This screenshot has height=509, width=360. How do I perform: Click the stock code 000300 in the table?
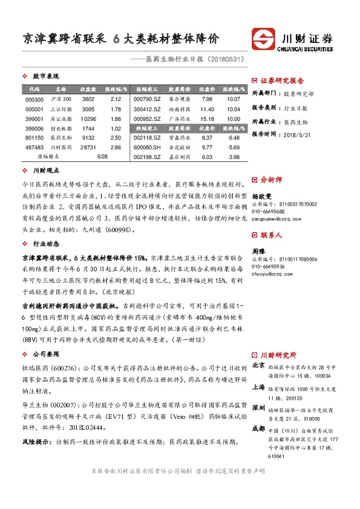coord(35,99)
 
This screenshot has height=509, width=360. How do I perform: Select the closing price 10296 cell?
coord(88,119)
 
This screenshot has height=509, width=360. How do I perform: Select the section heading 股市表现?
coord(45,77)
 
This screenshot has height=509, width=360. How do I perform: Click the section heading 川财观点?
coord(45,172)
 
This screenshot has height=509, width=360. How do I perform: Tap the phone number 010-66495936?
coord(268,266)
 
